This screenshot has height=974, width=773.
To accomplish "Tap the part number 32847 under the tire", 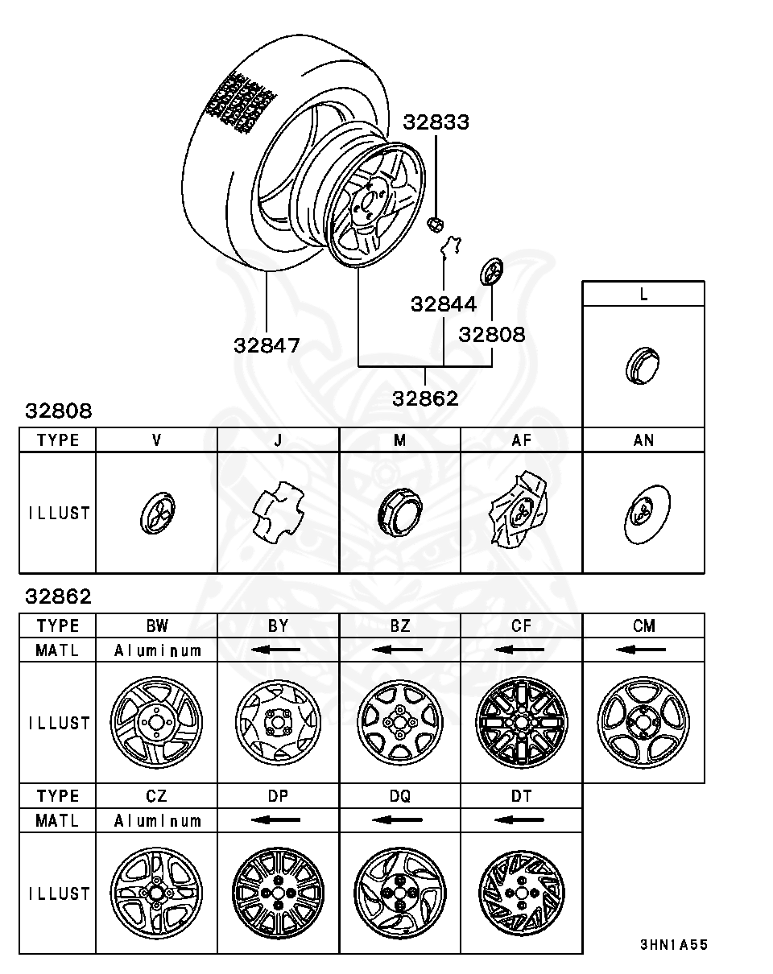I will pos(267,345).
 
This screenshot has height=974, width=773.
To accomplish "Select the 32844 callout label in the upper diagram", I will pos(444,304).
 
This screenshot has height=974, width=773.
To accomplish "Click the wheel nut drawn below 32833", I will pos(434,223).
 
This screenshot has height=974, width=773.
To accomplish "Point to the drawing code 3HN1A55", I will pos(673,944).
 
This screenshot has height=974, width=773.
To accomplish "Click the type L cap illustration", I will pos(643,367).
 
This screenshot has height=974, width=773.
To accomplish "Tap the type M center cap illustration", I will pos(399,514).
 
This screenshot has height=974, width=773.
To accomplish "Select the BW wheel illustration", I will pos(156,722).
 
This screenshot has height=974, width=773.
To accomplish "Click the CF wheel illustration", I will pos(521,722).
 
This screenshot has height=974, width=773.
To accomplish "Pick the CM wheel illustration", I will pos(643,722).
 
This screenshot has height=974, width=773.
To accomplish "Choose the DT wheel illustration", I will pos(521,893).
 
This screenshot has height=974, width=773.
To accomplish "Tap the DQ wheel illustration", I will pos(399,893).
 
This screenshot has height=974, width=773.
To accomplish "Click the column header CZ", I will pos(156,796).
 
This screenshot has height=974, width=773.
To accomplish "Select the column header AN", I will pos(643,440).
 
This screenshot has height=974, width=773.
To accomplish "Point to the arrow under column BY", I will pos(278,650).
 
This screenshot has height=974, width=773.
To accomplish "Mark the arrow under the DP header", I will pos(278,820).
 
